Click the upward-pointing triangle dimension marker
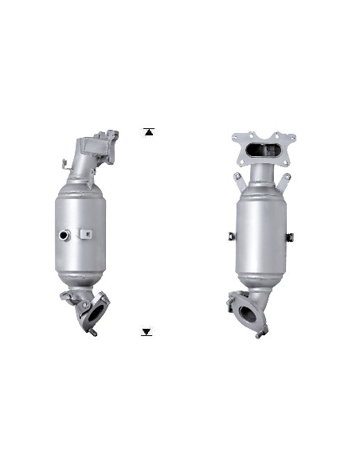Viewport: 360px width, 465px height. coord(148,131)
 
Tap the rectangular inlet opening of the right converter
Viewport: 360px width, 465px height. coord(262,149)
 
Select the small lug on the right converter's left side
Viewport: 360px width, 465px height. coord(228,235)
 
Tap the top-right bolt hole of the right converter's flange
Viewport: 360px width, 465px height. coord(285,137)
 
